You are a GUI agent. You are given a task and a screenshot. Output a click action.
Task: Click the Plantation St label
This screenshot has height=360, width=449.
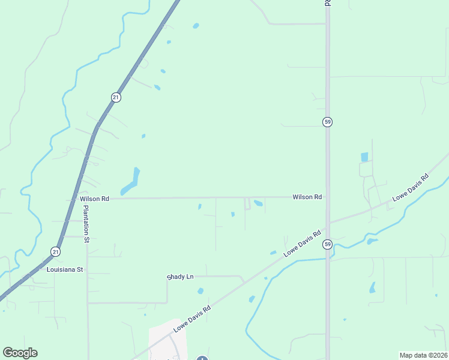coord(86,223)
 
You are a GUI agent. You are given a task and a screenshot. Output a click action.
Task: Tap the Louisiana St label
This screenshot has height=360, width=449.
coord(64,270)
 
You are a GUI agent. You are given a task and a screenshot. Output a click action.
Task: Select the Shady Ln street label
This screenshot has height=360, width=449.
coord(181,277)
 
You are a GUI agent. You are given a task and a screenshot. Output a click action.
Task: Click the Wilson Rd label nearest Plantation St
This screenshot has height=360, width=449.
coord(94,199)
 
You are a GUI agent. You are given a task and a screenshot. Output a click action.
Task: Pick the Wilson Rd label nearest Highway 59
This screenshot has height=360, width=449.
coord(307,197)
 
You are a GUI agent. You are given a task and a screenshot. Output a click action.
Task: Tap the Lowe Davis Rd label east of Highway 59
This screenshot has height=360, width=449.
coord(411,188)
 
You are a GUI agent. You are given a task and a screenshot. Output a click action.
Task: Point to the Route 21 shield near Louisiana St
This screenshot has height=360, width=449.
coord(55,251)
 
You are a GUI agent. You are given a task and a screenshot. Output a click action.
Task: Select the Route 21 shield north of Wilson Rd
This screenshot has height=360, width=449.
coord(116,97)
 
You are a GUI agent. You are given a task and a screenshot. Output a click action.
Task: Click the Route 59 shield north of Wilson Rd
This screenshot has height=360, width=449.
coord(327,122)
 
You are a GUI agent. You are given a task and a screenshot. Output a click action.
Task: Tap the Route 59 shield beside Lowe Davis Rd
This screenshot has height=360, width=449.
coord(327,244)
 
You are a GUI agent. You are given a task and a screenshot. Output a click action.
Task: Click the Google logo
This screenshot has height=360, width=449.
coord(20,352)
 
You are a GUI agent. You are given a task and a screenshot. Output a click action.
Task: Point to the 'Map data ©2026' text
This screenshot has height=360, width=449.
coord(423,355)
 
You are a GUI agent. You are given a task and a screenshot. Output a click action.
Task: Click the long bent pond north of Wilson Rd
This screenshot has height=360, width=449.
coord(131,182)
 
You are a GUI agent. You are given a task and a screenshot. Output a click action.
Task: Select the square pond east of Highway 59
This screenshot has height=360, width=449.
coord(364,157)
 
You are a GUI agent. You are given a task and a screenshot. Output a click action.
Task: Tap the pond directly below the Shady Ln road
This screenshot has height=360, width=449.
coord(200,291)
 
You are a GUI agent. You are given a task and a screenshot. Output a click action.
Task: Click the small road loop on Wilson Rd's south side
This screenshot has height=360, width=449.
coord(247,203)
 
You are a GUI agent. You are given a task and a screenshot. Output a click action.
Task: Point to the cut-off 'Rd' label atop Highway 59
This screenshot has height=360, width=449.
coord(328,3)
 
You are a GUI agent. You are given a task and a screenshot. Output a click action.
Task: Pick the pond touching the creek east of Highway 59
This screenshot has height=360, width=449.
coord(372,241)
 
